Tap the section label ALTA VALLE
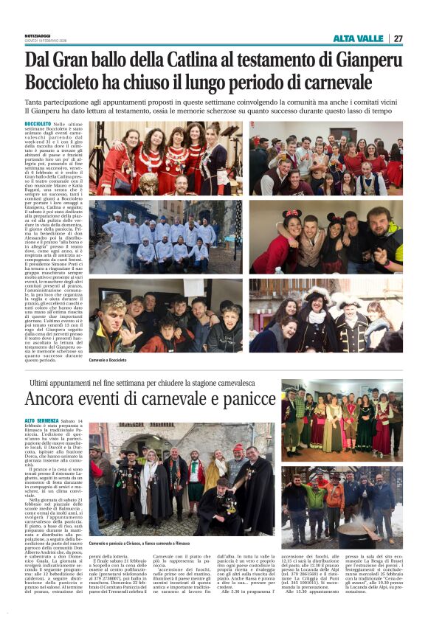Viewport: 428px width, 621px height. point(359,38)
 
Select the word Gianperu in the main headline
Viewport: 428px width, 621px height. point(363,60)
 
